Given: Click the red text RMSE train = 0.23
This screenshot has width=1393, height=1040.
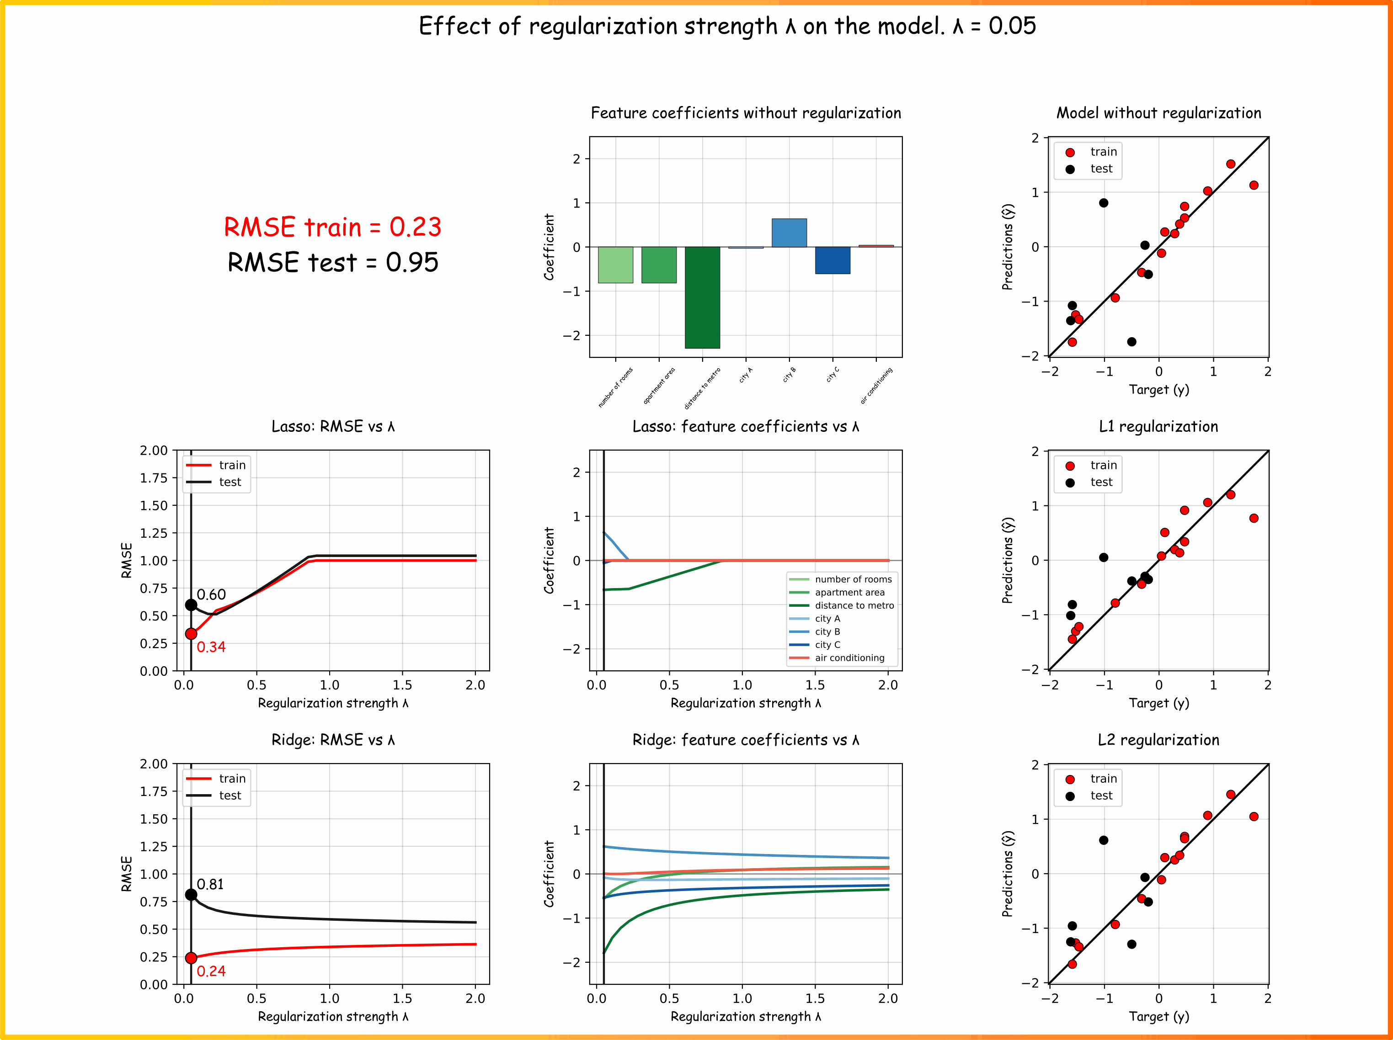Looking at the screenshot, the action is pyautogui.click(x=332, y=227).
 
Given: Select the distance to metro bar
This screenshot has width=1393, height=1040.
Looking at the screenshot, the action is pyautogui.click(x=702, y=297).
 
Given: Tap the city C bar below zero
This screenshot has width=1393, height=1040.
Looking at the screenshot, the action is pyautogui.click(x=833, y=260).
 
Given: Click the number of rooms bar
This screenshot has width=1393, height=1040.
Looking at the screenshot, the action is pyautogui.click(x=615, y=265).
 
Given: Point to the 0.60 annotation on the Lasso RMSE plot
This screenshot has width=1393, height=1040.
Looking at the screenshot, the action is pyautogui.click(x=211, y=595).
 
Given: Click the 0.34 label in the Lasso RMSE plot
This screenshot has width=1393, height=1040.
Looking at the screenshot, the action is pyautogui.click(x=211, y=647).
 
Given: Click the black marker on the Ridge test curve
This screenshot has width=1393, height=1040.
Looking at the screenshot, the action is pyautogui.click(x=191, y=895).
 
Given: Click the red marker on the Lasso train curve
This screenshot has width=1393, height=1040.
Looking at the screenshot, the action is pyautogui.click(x=191, y=634).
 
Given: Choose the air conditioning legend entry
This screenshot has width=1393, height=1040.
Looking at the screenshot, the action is pyautogui.click(x=837, y=658).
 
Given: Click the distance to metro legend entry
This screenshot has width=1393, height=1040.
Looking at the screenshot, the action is pyautogui.click(x=841, y=605).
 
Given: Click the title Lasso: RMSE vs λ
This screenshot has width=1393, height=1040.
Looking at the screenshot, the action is pyautogui.click(x=333, y=426).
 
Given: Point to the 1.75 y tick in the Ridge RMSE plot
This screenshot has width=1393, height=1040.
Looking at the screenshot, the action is pyautogui.click(x=154, y=791).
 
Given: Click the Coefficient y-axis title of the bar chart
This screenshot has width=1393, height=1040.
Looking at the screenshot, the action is pyautogui.click(x=549, y=247).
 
